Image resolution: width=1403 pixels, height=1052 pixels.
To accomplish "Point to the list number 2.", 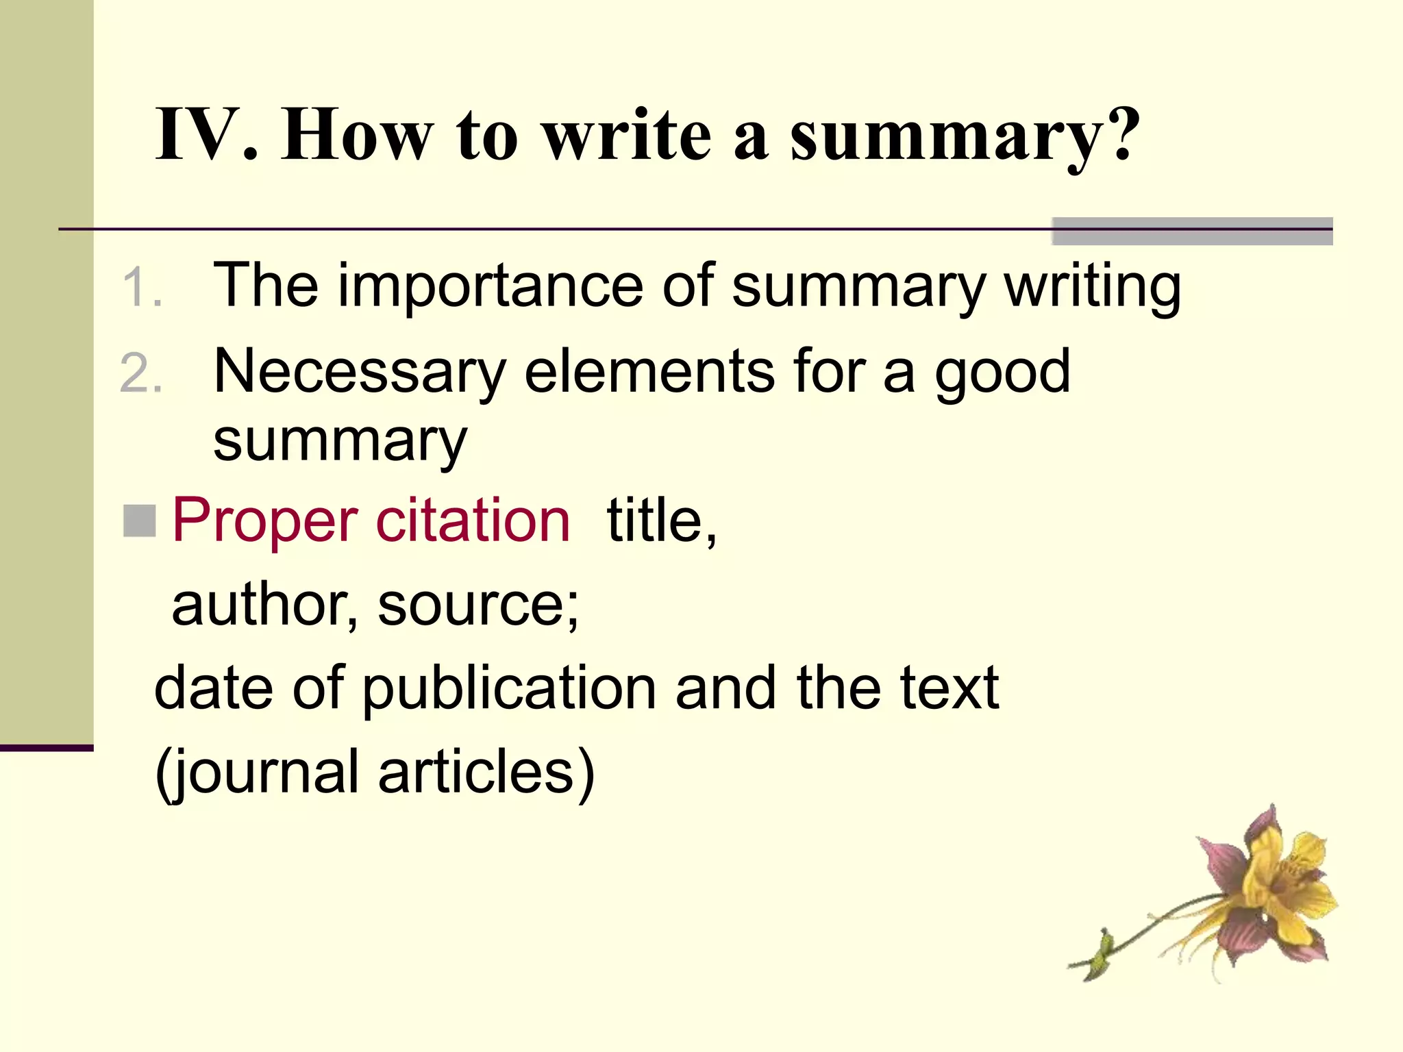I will point(140,374).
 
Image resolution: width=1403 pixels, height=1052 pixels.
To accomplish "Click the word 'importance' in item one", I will point(490,286).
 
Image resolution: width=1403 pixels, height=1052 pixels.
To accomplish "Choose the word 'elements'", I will point(649,372).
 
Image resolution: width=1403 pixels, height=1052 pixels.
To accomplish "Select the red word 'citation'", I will point(473,521).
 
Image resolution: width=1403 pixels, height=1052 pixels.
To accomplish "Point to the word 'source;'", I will point(478,606).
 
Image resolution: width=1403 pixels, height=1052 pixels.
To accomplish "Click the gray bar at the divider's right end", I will point(1192,231).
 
